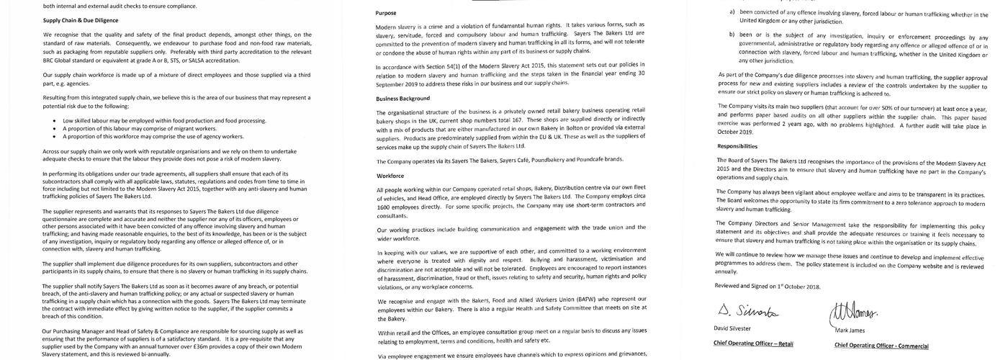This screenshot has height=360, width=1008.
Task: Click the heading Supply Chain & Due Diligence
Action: tap(80, 20)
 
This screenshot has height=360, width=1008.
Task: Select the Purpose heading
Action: tap(386, 13)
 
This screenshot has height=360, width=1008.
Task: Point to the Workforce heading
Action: tap(390, 176)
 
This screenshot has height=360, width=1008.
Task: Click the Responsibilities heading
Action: tap(737, 145)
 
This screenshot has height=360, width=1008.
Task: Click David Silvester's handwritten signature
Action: tap(747, 311)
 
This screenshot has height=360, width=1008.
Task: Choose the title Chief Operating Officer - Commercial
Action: tap(881, 346)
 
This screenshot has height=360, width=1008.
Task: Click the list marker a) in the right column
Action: tap(732, 12)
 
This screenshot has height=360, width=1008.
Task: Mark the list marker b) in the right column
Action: tap(732, 37)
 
